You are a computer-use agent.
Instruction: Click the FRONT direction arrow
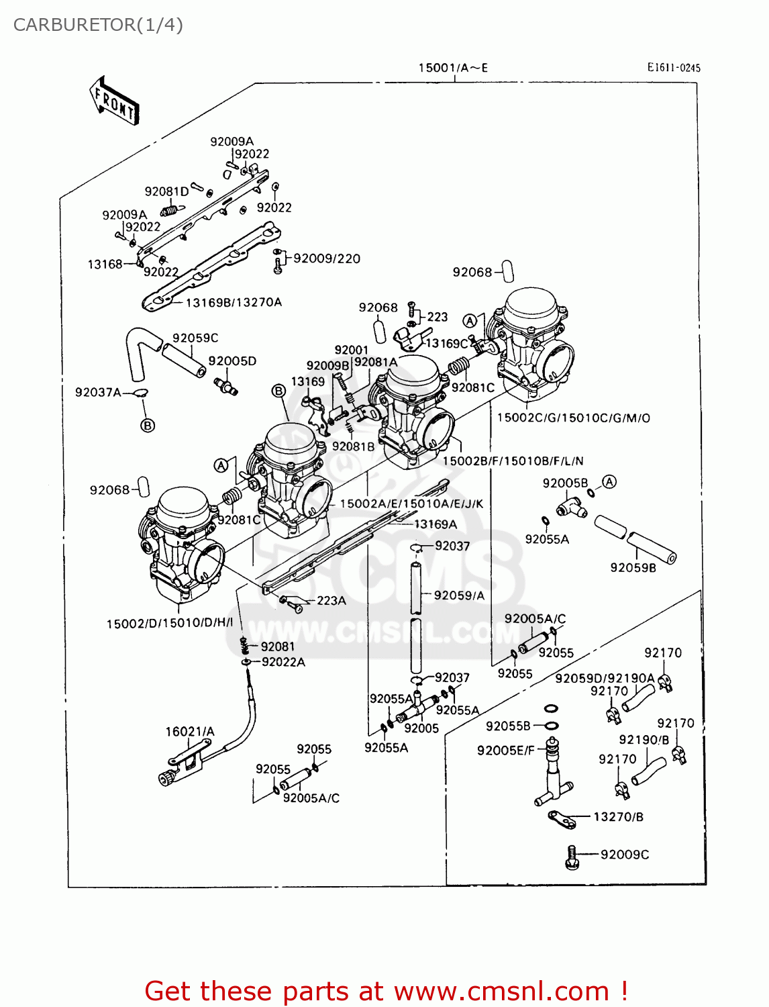click(x=114, y=101)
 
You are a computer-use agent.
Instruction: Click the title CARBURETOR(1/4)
click(x=98, y=25)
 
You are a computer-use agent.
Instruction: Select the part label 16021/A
click(x=190, y=732)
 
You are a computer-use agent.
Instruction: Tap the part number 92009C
click(x=624, y=855)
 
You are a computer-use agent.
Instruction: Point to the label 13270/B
click(x=618, y=817)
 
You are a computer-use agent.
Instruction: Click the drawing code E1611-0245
click(x=673, y=67)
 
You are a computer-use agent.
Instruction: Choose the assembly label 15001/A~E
click(x=453, y=68)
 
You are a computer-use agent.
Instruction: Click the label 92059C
click(x=195, y=338)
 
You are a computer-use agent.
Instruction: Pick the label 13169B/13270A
click(x=234, y=302)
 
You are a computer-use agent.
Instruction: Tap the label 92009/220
click(x=327, y=258)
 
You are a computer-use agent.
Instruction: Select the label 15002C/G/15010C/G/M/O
click(x=573, y=418)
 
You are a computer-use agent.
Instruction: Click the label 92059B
click(x=633, y=568)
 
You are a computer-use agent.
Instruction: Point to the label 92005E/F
click(x=506, y=751)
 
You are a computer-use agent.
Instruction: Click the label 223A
click(x=331, y=600)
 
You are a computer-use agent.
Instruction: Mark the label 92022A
click(x=283, y=662)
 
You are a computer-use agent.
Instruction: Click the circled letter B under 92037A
click(x=148, y=425)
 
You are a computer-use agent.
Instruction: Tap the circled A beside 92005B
click(x=609, y=481)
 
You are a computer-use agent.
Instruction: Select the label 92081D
click(x=166, y=191)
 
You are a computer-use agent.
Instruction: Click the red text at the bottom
click(x=386, y=991)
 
